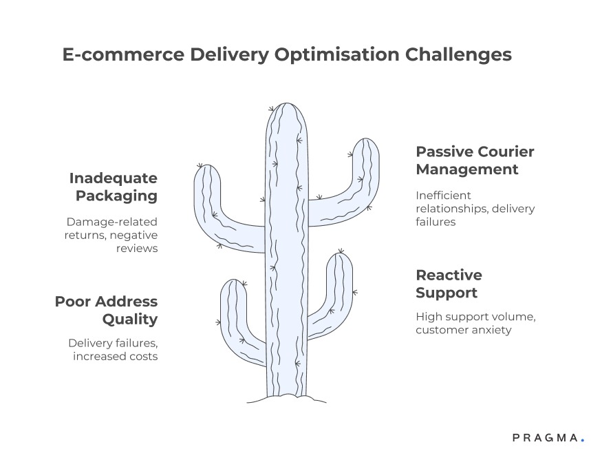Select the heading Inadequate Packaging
point(113,187)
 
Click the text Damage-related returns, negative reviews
point(112,235)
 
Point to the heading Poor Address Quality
point(106,310)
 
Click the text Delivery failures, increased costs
point(113,349)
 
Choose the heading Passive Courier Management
point(475,160)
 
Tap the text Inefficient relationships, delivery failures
point(475,209)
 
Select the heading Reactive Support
point(449,284)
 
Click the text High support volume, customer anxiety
point(475,323)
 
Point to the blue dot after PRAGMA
point(582,439)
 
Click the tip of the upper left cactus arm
point(206,170)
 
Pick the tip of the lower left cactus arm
point(233,284)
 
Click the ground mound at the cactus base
point(287,399)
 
